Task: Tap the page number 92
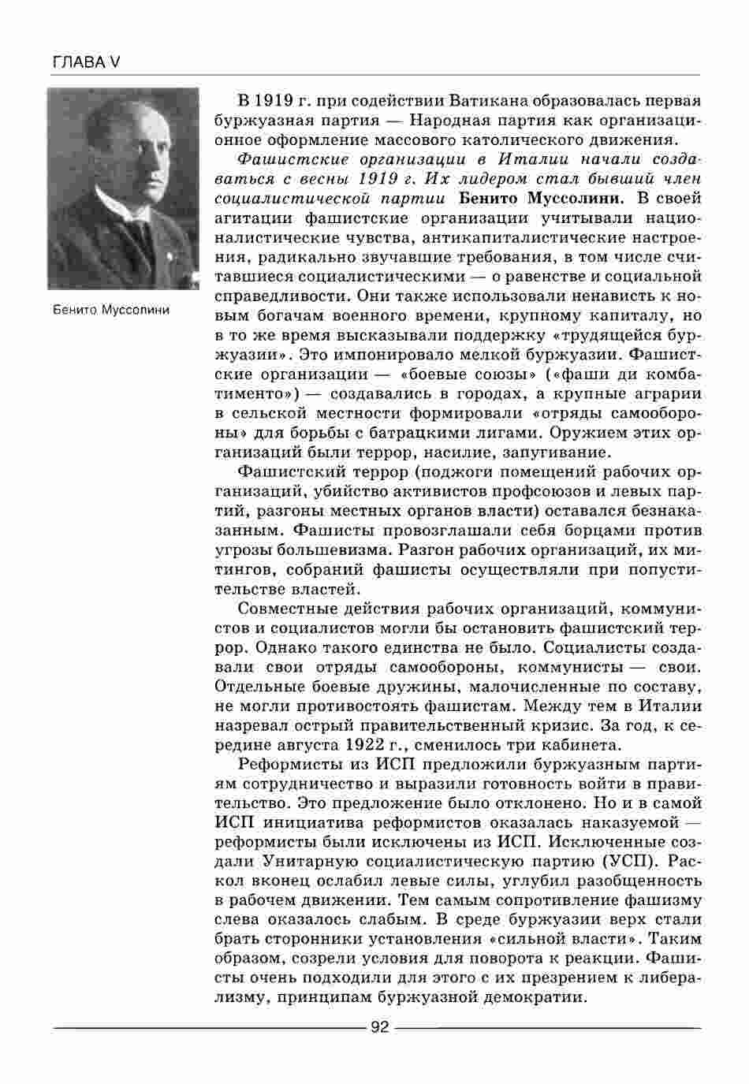pos(380,1027)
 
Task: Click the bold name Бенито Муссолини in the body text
pos(542,199)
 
